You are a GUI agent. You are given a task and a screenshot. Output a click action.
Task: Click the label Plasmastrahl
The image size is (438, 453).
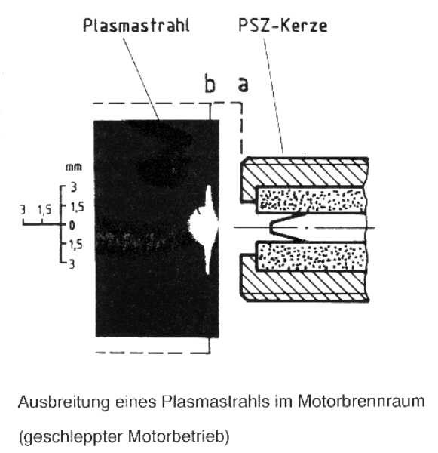coord(136,26)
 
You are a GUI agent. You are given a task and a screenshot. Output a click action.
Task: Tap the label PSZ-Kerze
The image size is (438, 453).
coord(283,26)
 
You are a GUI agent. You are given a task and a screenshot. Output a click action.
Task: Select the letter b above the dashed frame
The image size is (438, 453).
coord(210,84)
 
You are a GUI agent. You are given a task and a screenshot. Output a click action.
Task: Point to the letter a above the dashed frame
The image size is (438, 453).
coord(243,85)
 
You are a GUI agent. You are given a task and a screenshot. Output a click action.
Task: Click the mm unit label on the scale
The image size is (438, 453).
coord(74,167)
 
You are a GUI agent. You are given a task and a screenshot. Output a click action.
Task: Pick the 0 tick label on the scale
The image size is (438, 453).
coord(72,225)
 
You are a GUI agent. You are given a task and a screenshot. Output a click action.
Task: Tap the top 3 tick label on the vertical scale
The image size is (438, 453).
coord(74,187)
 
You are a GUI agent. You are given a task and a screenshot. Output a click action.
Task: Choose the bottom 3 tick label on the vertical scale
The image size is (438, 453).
coord(72,264)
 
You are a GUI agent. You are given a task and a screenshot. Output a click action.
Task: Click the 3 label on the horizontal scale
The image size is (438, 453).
coord(23,210)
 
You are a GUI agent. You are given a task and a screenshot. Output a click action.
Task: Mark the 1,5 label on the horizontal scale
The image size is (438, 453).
coord(44,210)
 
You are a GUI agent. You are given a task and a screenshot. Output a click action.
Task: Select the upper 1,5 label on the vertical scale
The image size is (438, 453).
coord(77,207)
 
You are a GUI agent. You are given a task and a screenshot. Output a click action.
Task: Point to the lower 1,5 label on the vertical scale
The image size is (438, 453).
coord(75,245)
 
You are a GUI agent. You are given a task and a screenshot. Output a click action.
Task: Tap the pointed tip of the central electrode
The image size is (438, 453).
coord(271,227)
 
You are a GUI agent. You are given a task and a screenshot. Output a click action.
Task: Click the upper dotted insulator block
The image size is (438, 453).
coord(311,200)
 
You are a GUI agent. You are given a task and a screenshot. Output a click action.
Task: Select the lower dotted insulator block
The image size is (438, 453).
coord(311,256)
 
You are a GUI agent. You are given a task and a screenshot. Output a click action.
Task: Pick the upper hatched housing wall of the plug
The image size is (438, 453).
coord(305,173)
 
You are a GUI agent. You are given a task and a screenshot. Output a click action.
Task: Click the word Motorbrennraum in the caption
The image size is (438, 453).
coord(361,401)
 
